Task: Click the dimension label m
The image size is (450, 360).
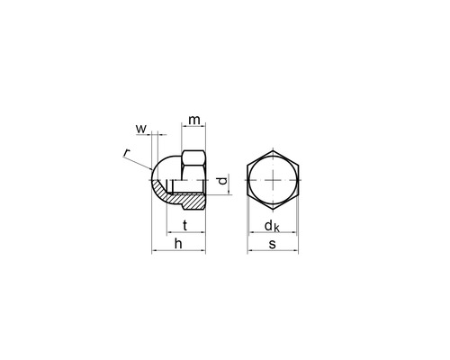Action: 194,121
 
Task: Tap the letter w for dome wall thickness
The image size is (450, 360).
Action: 141,129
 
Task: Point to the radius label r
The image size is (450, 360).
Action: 127,153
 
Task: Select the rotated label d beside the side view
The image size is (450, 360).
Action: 222,181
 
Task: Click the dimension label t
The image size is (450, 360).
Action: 185,225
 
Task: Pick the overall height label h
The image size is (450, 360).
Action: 178,244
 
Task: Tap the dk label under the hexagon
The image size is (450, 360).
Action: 272,227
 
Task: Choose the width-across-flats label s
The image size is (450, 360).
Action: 272,245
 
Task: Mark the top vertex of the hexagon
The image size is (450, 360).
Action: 273,151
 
